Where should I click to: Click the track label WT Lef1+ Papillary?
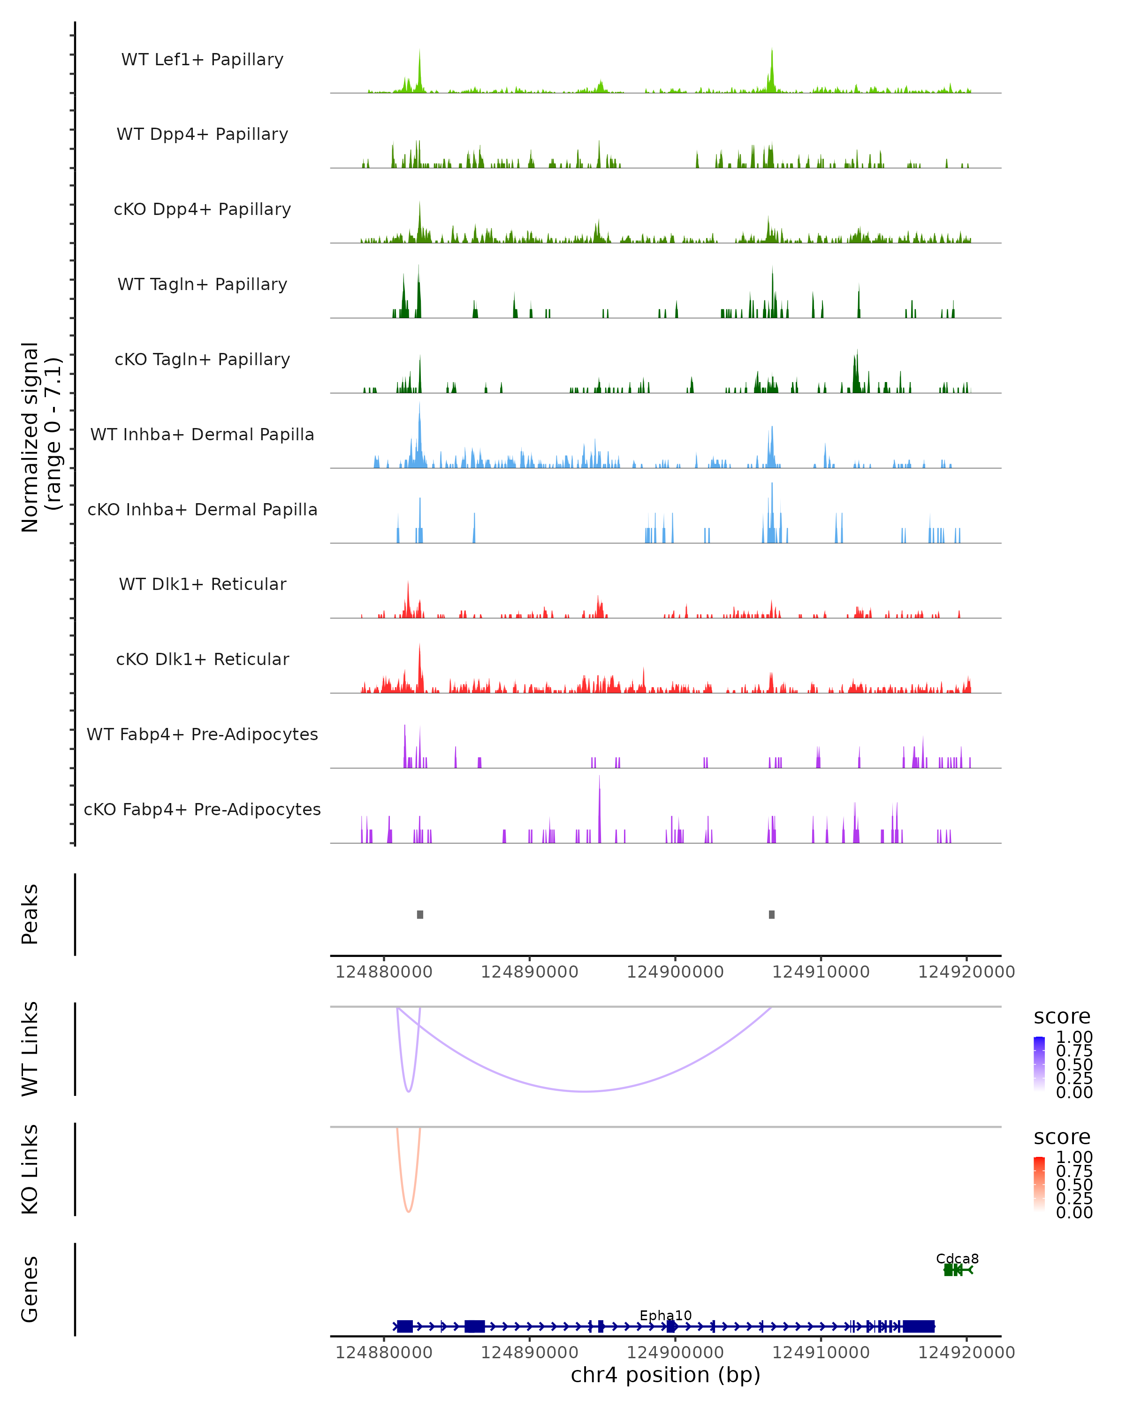[202, 60]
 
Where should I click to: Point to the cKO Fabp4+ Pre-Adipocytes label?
[202, 809]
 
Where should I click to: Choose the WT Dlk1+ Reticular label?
[202, 584]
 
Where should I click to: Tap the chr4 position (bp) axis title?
[665, 1375]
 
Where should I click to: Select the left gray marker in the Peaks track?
[420, 914]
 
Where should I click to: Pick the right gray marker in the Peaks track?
[772, 914]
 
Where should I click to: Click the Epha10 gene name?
[665, 1315]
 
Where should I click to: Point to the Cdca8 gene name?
[957, 1258]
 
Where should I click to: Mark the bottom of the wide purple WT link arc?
[585, 1091]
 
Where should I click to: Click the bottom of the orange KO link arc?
[409, 1211]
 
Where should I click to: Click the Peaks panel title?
[30, 914]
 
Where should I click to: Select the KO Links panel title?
[30, 1170]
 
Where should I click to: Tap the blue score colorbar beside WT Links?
[1039, 1064]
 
